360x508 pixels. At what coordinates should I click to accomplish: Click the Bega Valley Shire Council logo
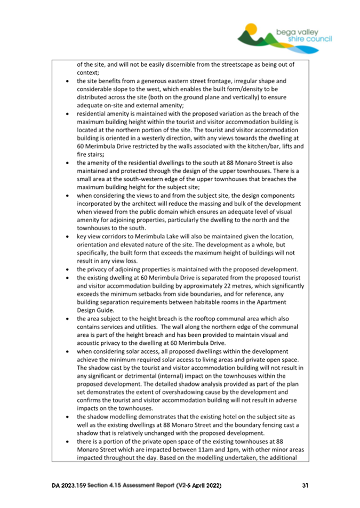pyautogui.click(x=285, y=36)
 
